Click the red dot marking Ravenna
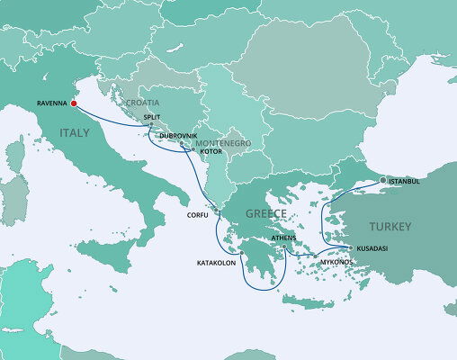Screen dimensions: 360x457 (x=74, y=103)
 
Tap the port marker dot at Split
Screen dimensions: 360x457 (x=151, y=125)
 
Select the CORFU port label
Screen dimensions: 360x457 (x=197, y=215)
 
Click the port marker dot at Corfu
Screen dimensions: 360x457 (x=216, y=211)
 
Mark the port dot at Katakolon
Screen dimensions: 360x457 (x=241, y=254)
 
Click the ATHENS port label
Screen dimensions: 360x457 (x=283, y=238)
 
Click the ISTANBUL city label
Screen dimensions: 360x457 (x=405, y=181)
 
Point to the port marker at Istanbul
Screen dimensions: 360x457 (x=382, y=180)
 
